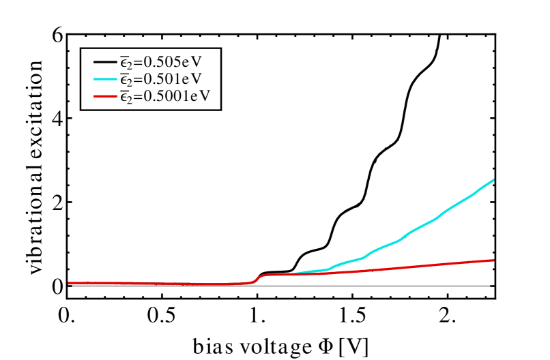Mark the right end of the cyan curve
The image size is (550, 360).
493,180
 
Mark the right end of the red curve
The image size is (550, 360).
493,260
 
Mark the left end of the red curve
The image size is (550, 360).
69,282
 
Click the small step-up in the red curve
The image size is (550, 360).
257,278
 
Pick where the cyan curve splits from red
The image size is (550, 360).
296,273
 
